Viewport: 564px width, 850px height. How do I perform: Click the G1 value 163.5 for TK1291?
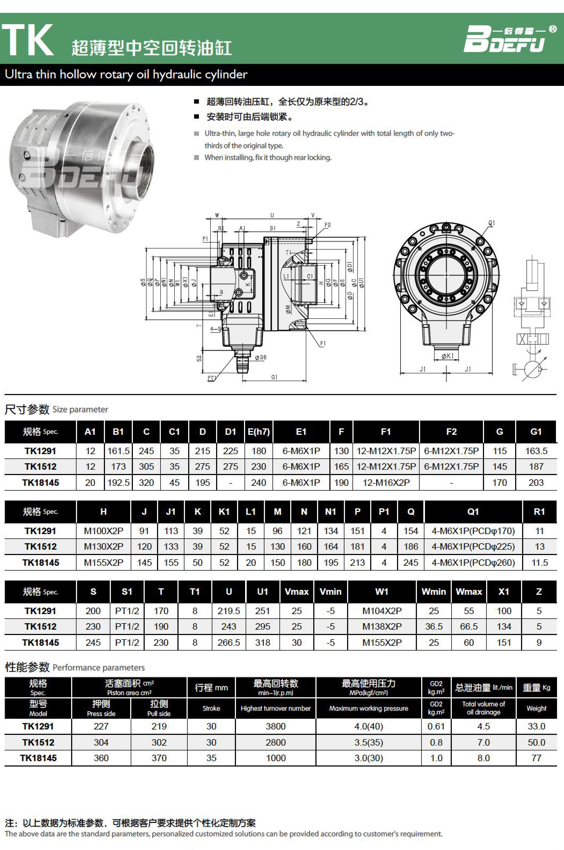[x=536, y=451]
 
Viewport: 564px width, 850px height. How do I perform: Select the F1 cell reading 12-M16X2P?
[x=386, y=483]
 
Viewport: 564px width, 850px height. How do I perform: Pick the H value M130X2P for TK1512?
[x=104, y=546]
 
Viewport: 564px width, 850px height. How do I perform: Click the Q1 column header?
[x=473, y=512]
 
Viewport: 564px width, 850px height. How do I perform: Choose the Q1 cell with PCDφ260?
[x=473, y=563]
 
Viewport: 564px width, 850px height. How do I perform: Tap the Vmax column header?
[x=297, y=592]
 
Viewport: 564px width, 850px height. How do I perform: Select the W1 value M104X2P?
[x=382, y=611]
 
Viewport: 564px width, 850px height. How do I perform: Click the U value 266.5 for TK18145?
[x=229, y=643]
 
